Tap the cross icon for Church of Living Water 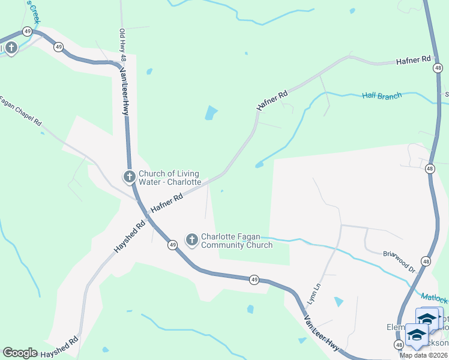click(x=129, y=176)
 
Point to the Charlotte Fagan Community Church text click(x=237, y=241)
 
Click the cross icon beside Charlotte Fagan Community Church click(x=191, y=241)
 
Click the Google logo click(x=20, y=353)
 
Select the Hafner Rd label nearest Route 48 click(x=414, y=60)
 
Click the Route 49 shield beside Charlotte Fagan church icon click(x=172, y=245)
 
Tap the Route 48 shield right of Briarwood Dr click(x=426, y=261)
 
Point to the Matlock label click(x=434, y=298)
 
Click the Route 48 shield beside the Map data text click(x=399, y=344)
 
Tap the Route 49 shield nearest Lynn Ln click(x=255, y=280)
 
